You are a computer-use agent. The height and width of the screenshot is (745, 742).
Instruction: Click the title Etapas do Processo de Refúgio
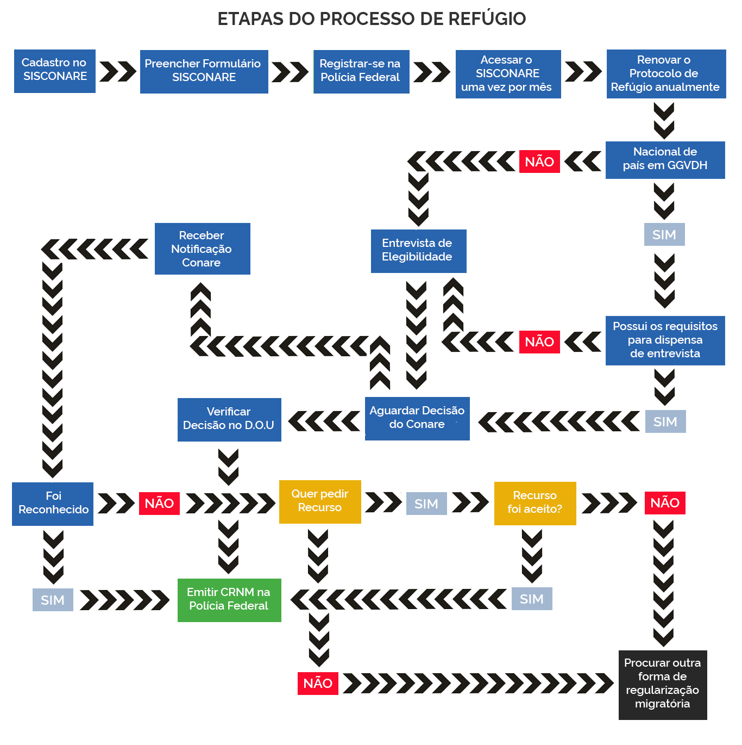click(x=372, y=19)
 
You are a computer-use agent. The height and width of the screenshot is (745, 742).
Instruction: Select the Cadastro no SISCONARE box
click(x=55, y=71)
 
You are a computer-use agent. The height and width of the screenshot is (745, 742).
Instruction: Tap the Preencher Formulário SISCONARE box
click(x=204, y=71)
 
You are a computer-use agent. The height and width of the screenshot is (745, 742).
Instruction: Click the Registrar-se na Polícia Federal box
click(x=361, y=71)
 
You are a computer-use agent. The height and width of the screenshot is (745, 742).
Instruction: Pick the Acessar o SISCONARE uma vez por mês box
click(x=508, y=74)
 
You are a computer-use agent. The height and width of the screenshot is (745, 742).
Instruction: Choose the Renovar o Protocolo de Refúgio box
click(x=666, y=74)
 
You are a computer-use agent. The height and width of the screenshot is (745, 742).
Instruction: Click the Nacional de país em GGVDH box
click(x=665, y=160)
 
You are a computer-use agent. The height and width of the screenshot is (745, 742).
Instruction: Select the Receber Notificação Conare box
click(x=202, y=249)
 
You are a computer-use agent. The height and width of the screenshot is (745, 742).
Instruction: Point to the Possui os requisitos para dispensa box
click(x=665, y=340)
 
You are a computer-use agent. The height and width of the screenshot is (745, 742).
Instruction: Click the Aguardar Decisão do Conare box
click(x=417, y=418)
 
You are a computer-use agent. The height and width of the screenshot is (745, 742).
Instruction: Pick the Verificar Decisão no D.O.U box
click(x=229, y=419)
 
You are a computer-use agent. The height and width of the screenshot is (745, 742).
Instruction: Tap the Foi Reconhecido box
click(x=53, y=504)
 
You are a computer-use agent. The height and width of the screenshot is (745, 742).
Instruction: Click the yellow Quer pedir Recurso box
click(x=320, y=501)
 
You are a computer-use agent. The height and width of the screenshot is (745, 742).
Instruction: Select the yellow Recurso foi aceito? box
click(x=535, y=503)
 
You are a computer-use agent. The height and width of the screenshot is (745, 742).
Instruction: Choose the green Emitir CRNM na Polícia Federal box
click(x=229, y=600)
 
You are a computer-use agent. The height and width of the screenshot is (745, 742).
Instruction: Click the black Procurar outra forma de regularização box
click(x=663, y=685)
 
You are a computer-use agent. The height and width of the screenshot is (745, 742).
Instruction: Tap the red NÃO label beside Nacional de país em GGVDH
click(x=539, y=162)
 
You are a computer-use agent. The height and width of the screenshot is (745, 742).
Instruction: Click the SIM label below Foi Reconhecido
click(x=53, y=600)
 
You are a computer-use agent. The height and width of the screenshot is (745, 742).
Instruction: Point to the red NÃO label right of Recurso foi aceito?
click(x=665, y=503)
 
